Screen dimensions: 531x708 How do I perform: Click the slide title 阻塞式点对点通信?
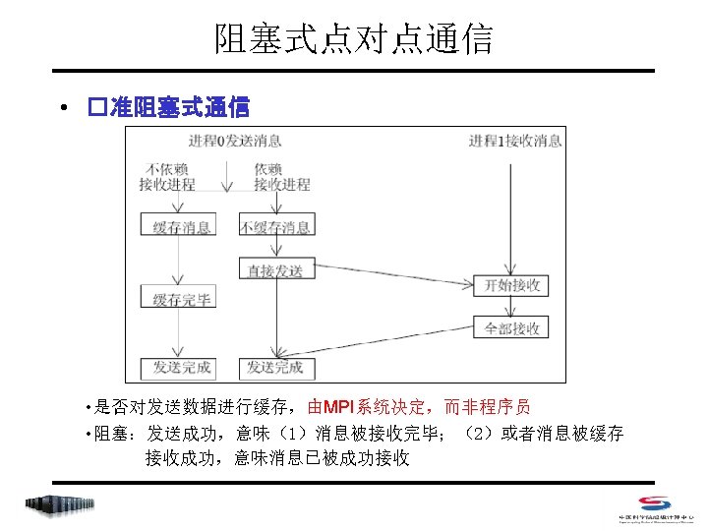pyautogui.click(x=354, y=38)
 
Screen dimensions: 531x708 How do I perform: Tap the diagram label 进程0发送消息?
pyautogui.click(x=234, y=142)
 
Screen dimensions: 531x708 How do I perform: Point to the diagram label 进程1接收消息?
pyautogui.click(x=515, y=142)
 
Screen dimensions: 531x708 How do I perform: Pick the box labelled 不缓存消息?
pyautogui.click(x=276, y=227)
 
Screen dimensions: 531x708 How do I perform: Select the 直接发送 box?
pyautogui.click(x=276, y=269)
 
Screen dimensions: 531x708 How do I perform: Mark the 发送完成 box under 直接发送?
pyautogui.click(x=276, y=368)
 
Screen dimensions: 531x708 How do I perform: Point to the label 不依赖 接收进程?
pyautogui.click(x=168, y=176)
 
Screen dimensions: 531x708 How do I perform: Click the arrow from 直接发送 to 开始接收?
pyautogui.click(x=393, y=279)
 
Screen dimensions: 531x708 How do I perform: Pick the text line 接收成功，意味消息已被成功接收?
pyautogui.click(x=277, y=458)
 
